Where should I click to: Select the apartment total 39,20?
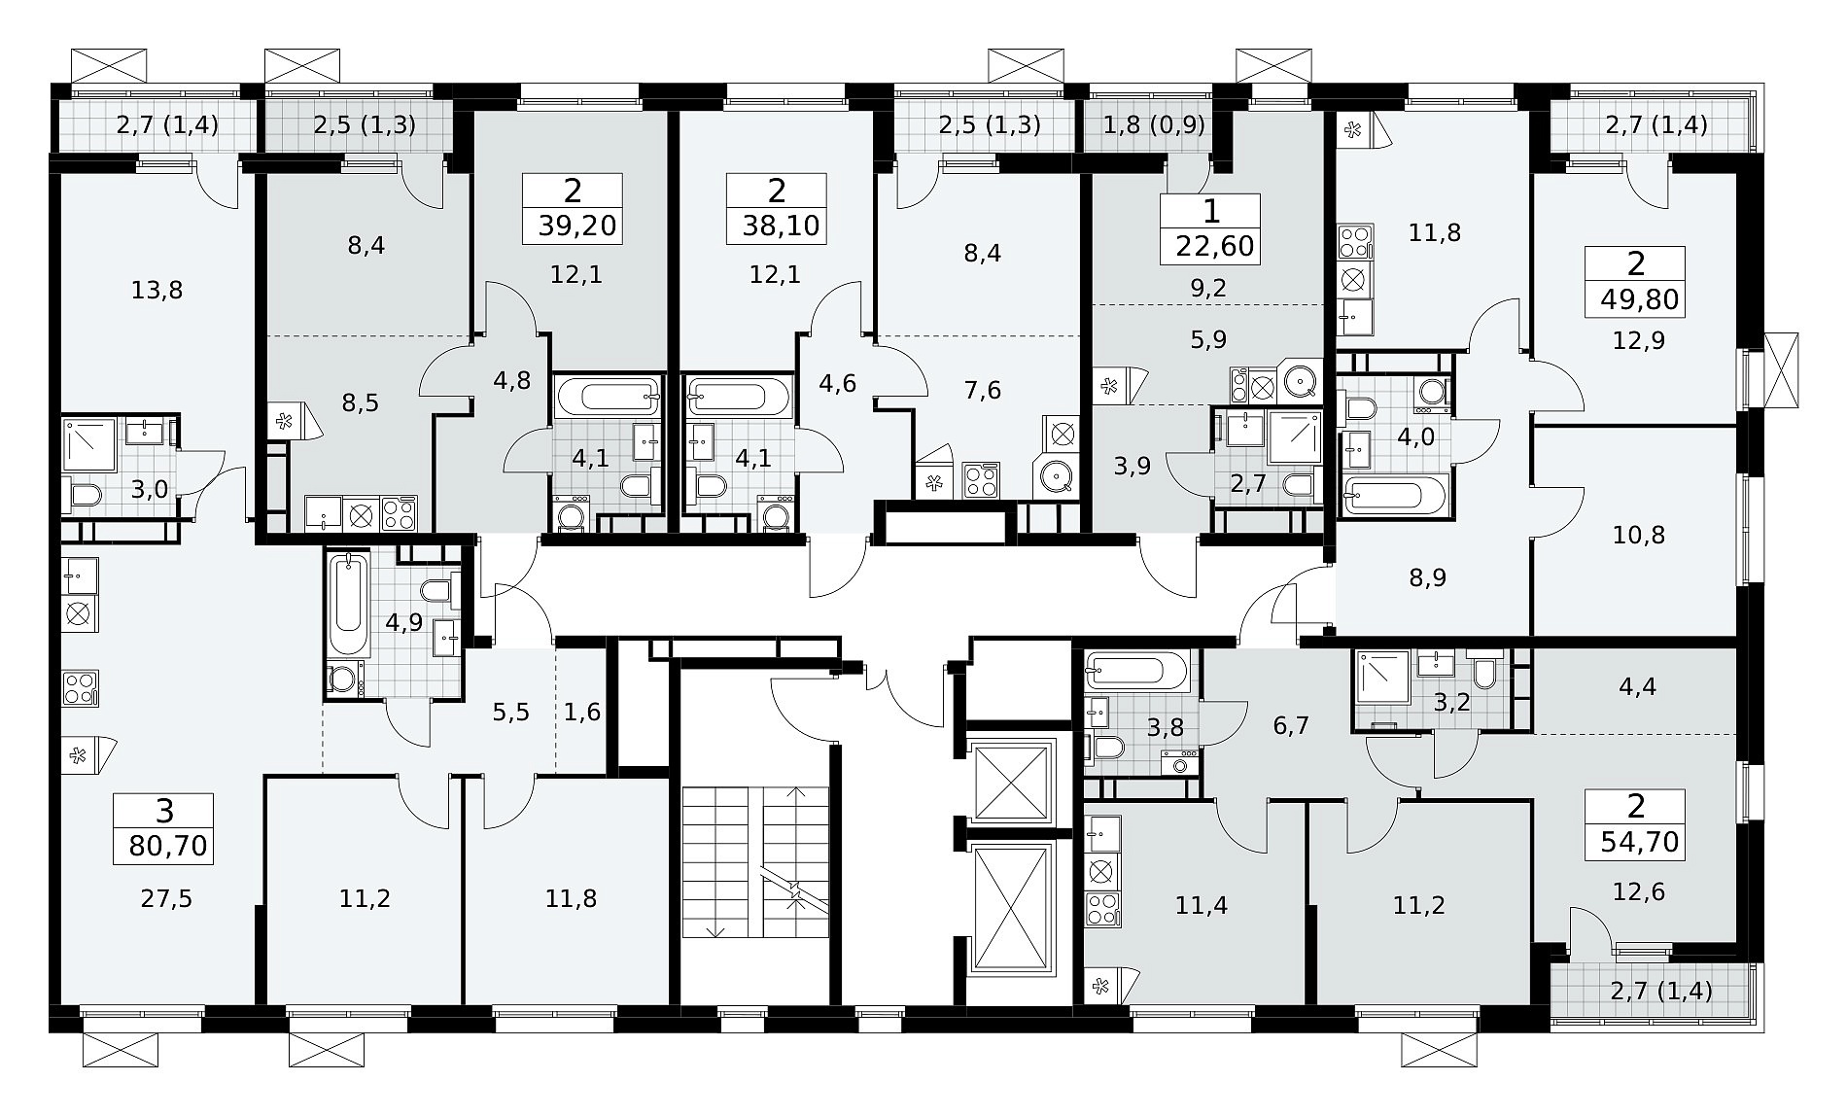pyautogui.click(x=577, y=227)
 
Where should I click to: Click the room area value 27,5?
pyautogui.click(x=167, y=899)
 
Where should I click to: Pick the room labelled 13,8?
pyautogui.click(x=157, y=290)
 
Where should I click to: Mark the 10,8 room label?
pyautogui.click(x=1639, y=535)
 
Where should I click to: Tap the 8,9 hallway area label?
pyautogui.click(x=1427, y=578)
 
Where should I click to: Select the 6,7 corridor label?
pyautogui.click(x=1291, y=725)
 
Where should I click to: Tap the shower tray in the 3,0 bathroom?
pyautogui.click(x=90, y=444)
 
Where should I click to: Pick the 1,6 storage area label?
pyautogui.click(x=582, y=713)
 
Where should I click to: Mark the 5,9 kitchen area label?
pyautogui.click(x=1208, y=339)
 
